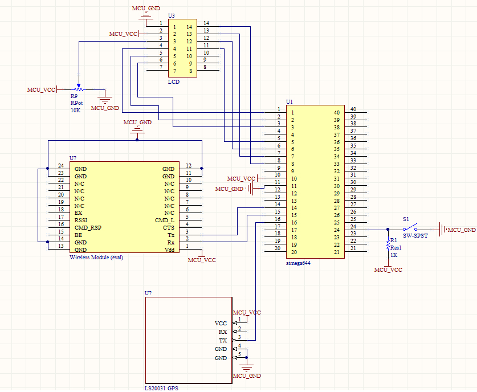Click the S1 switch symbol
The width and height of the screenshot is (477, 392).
(410, 228)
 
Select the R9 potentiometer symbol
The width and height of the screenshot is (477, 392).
(79, 89)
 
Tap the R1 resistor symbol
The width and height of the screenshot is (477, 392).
(388, 244)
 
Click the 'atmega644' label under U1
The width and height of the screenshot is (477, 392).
(298, 263)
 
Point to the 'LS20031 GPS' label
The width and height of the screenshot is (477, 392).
(161, 389)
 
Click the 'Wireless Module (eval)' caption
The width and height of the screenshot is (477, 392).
(96, 258)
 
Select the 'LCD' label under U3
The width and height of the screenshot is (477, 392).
(174, 82)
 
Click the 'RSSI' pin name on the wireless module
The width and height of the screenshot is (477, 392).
(81, 220)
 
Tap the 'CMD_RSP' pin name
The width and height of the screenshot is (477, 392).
(88, 228)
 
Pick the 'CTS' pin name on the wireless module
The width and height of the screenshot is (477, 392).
(169, 228)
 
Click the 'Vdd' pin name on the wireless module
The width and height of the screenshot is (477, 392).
(169, 250)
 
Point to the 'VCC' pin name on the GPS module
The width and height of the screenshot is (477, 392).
(221, 323)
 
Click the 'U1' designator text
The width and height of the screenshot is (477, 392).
(290, 101)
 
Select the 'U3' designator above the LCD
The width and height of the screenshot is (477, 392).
(172, 16)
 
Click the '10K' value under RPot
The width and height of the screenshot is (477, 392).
(75, 111)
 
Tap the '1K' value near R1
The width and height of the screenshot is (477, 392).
(394, 255)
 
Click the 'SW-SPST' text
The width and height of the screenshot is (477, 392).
(415, 236)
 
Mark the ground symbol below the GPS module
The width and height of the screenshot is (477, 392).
(247, 367)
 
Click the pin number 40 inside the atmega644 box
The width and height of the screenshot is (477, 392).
(336, 112)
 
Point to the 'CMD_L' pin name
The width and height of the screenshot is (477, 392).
(165, 220)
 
